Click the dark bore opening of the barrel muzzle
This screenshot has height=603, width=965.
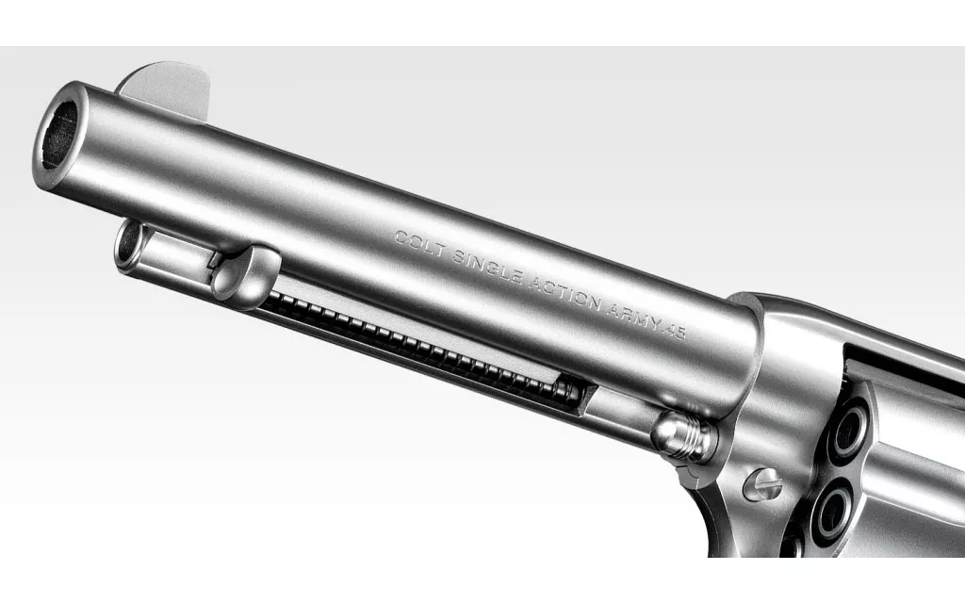[x=59, y=134]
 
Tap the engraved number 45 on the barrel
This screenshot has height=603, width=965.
[x=675, y=333]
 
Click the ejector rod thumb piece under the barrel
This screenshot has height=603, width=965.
[x=246, y=272]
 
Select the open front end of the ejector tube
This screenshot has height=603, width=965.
[x=128, y=246]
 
